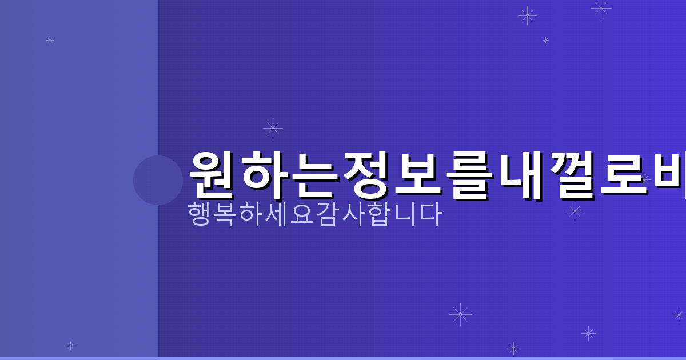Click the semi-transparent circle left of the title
(158, 180)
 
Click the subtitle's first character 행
(200, 214)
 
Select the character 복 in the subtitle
(225, 214)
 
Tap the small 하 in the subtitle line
(251, 214)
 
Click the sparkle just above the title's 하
(273, 128)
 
